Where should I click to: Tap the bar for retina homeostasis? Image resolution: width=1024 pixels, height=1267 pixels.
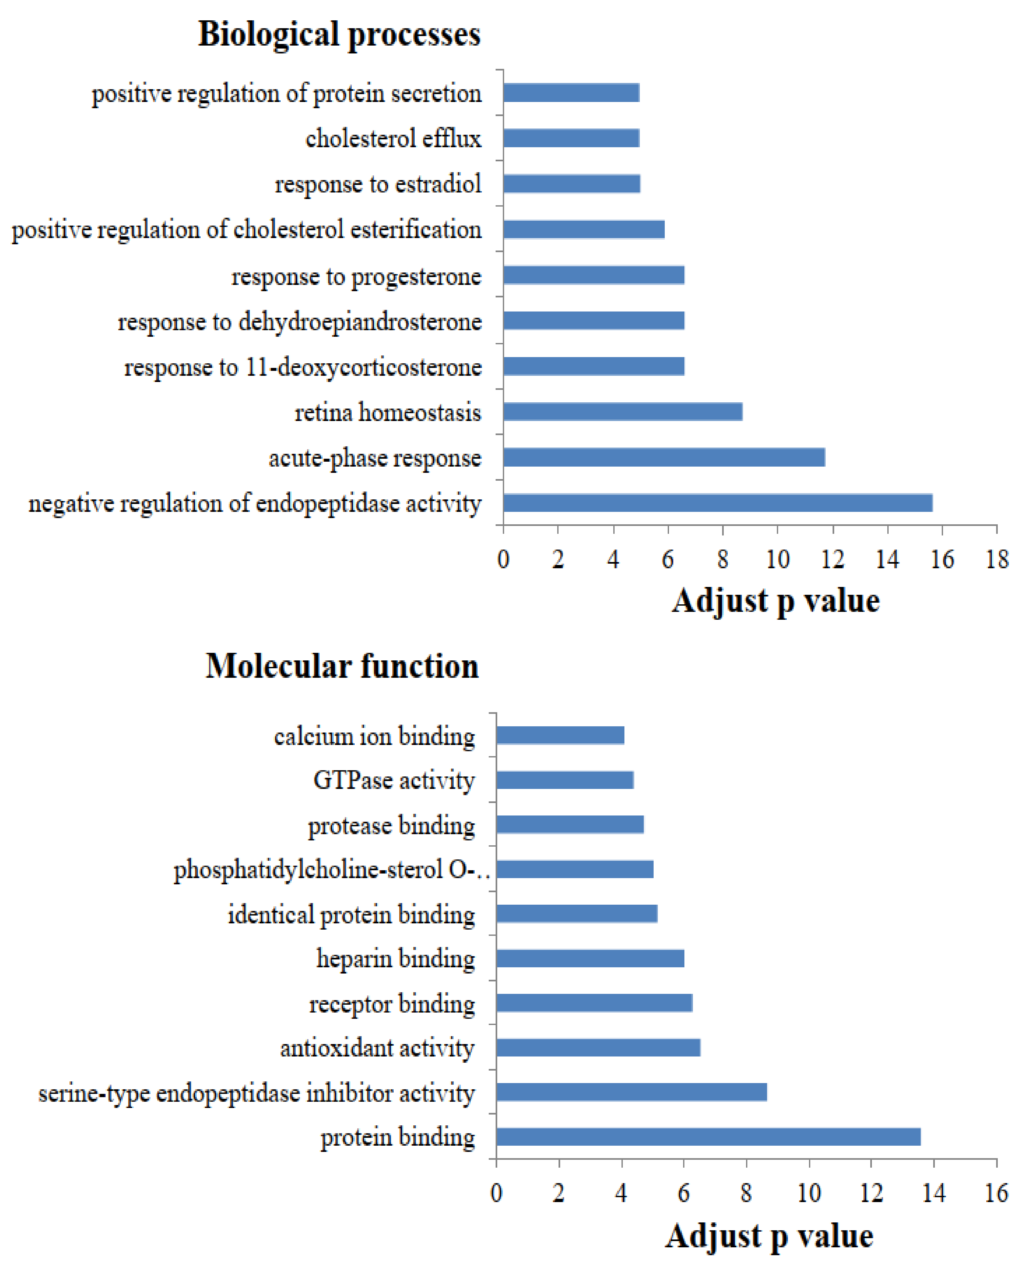[622, 412]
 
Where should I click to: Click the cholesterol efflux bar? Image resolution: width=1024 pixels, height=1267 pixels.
[571, 138]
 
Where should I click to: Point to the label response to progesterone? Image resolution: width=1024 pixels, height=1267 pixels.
[356, 276]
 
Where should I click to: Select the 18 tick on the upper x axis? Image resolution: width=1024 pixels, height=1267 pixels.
[997, 559]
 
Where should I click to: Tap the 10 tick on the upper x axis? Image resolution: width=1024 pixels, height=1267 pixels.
[778, 559]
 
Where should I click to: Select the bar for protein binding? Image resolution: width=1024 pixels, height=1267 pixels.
[708, 1136]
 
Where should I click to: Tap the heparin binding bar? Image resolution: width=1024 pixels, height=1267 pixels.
[590, 958]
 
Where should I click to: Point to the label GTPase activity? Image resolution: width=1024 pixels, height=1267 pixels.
[394, 780]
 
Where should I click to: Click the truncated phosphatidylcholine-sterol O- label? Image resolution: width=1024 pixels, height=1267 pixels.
[331, 870]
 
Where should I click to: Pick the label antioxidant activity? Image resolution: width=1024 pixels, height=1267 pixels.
[378, 1048]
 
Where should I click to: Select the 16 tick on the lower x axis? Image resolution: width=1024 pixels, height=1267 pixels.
[996, 1193]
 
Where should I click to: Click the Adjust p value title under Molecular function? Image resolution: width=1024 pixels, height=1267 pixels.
[769, 1236]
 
